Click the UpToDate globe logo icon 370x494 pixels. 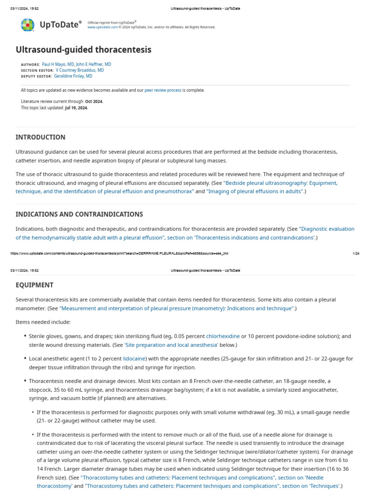click(27, 25)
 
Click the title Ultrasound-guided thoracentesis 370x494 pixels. click(83, 50)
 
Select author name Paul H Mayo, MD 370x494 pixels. click(58, 64)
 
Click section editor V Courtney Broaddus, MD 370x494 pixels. click(79, 70)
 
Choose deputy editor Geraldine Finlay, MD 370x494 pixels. click(73, 76)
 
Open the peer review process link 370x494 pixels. click(163, 90)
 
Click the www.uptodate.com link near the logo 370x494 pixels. click(102, 27)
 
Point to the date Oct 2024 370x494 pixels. click(94, 101)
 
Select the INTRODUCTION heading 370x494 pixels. click(40, 137)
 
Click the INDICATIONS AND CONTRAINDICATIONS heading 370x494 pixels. click(79, 214)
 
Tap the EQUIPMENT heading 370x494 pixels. click(35, 285)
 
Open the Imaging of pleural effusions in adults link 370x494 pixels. click(255, 192)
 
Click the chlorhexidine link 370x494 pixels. click(223, 336)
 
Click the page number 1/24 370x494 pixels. click(356, 253)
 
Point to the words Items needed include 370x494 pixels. click(43, 322)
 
